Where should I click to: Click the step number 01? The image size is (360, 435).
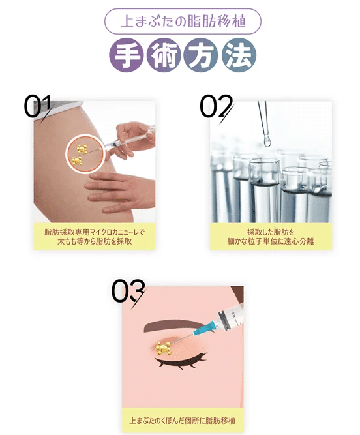38,107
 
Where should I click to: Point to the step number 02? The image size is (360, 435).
216,107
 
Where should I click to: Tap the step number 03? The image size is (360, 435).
128,292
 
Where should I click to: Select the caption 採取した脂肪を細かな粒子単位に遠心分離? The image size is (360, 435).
271,236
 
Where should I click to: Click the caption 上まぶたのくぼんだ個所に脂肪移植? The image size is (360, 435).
182,420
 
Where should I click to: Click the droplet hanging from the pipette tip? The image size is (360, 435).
267,139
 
